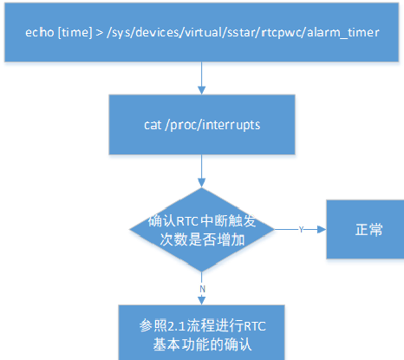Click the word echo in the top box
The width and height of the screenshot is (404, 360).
pos(40,32)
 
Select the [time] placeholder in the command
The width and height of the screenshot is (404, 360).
pos(75,32)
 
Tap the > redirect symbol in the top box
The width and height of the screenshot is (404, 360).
pos(100,33)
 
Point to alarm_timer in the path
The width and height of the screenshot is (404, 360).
pos(343,33)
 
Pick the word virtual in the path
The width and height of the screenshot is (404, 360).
pos(203,32)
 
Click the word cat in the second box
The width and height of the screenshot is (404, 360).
pos(153,125)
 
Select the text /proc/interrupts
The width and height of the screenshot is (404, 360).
pos(212,125)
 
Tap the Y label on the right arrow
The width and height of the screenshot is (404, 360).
pos(301,230)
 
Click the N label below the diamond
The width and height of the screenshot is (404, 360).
pos(202,289)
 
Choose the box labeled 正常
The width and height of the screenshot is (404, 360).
pos(365,229)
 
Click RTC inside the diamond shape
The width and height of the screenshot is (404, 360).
pos(187,221)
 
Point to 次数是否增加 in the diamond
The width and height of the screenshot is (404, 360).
pos(202,239)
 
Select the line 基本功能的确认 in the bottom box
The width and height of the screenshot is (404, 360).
pos(202,344)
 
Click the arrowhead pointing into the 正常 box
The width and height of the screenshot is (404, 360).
pos(322,230)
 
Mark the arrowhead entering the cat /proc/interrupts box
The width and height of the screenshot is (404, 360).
pos(202,90)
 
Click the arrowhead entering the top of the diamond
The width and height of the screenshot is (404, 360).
pos(202,183)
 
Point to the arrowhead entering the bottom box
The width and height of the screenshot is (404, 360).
pos(202,300)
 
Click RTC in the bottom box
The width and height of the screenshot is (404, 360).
pos(255,326)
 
